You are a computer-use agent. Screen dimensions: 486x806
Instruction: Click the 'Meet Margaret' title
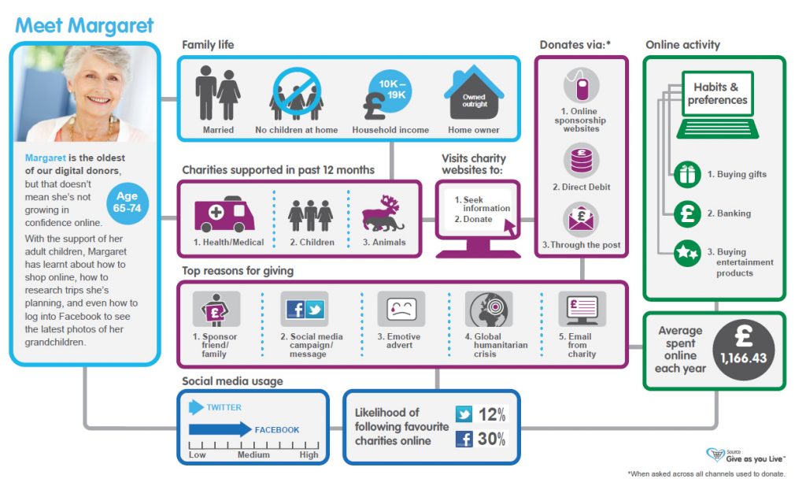[x=84, y=25]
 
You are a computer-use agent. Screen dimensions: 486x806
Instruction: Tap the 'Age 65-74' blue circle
[x=127, y=202]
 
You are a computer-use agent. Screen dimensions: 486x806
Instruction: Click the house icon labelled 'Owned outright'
[x=474, y=95]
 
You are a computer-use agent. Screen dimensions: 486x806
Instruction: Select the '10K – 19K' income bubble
[x=391, y=89]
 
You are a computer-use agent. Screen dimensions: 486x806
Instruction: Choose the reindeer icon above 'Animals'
[x=383, y=215]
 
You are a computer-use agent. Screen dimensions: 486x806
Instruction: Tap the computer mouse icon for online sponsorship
[x=581, y=85]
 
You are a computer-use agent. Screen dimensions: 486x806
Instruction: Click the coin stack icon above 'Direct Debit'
[x=581, y=159]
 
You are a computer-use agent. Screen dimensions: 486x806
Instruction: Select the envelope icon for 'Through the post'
[x=581, y=219]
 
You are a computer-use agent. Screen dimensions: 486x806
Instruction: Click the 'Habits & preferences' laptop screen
[x=717, y=94]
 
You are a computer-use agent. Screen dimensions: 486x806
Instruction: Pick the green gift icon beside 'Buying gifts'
[x=687, y=174]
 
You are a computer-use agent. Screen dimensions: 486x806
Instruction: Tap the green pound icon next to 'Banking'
[x=687, y=213]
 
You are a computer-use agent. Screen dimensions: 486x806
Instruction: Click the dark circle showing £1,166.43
[x=743, y=351]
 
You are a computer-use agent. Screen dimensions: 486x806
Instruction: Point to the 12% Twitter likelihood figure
[x=491, y=414]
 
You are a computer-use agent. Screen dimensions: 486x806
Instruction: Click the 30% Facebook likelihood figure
[x=491, y=440]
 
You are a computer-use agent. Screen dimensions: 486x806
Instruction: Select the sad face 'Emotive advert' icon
[x=401, y=310]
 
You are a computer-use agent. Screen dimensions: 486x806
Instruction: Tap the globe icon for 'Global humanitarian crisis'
[x=489, y=309]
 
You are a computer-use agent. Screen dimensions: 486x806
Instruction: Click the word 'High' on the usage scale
[x=309, y=454]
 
